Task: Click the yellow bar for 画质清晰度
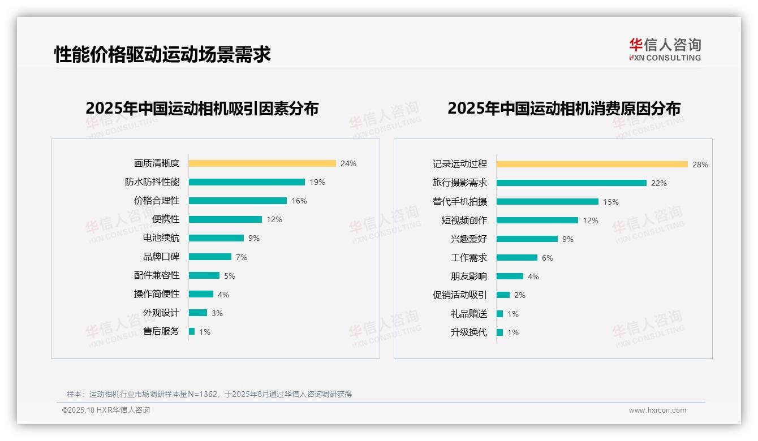coord(262,163)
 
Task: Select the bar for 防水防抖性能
coord(247,182)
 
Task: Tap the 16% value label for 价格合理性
coord(299,201)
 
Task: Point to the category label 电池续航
coord(161,238)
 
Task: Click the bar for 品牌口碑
coord(210,257)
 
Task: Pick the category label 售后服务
coord(161,331)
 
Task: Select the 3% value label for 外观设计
coord(217,313)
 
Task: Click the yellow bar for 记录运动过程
coord(592,165)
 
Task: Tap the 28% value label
coord(700,165)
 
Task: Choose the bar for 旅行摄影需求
coord(571,183)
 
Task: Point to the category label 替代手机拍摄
coord(459,202)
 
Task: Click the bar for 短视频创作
coord(537,220)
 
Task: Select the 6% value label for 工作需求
coord(547,258)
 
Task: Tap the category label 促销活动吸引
coord(459,295)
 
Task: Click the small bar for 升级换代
coord(499,332)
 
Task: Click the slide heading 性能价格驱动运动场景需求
coord(162,54)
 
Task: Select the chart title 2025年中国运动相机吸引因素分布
coord(202,108)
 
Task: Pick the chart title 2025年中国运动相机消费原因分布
coord(563,108)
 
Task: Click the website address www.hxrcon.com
coord(657,410)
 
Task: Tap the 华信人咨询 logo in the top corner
coord(665,49)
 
